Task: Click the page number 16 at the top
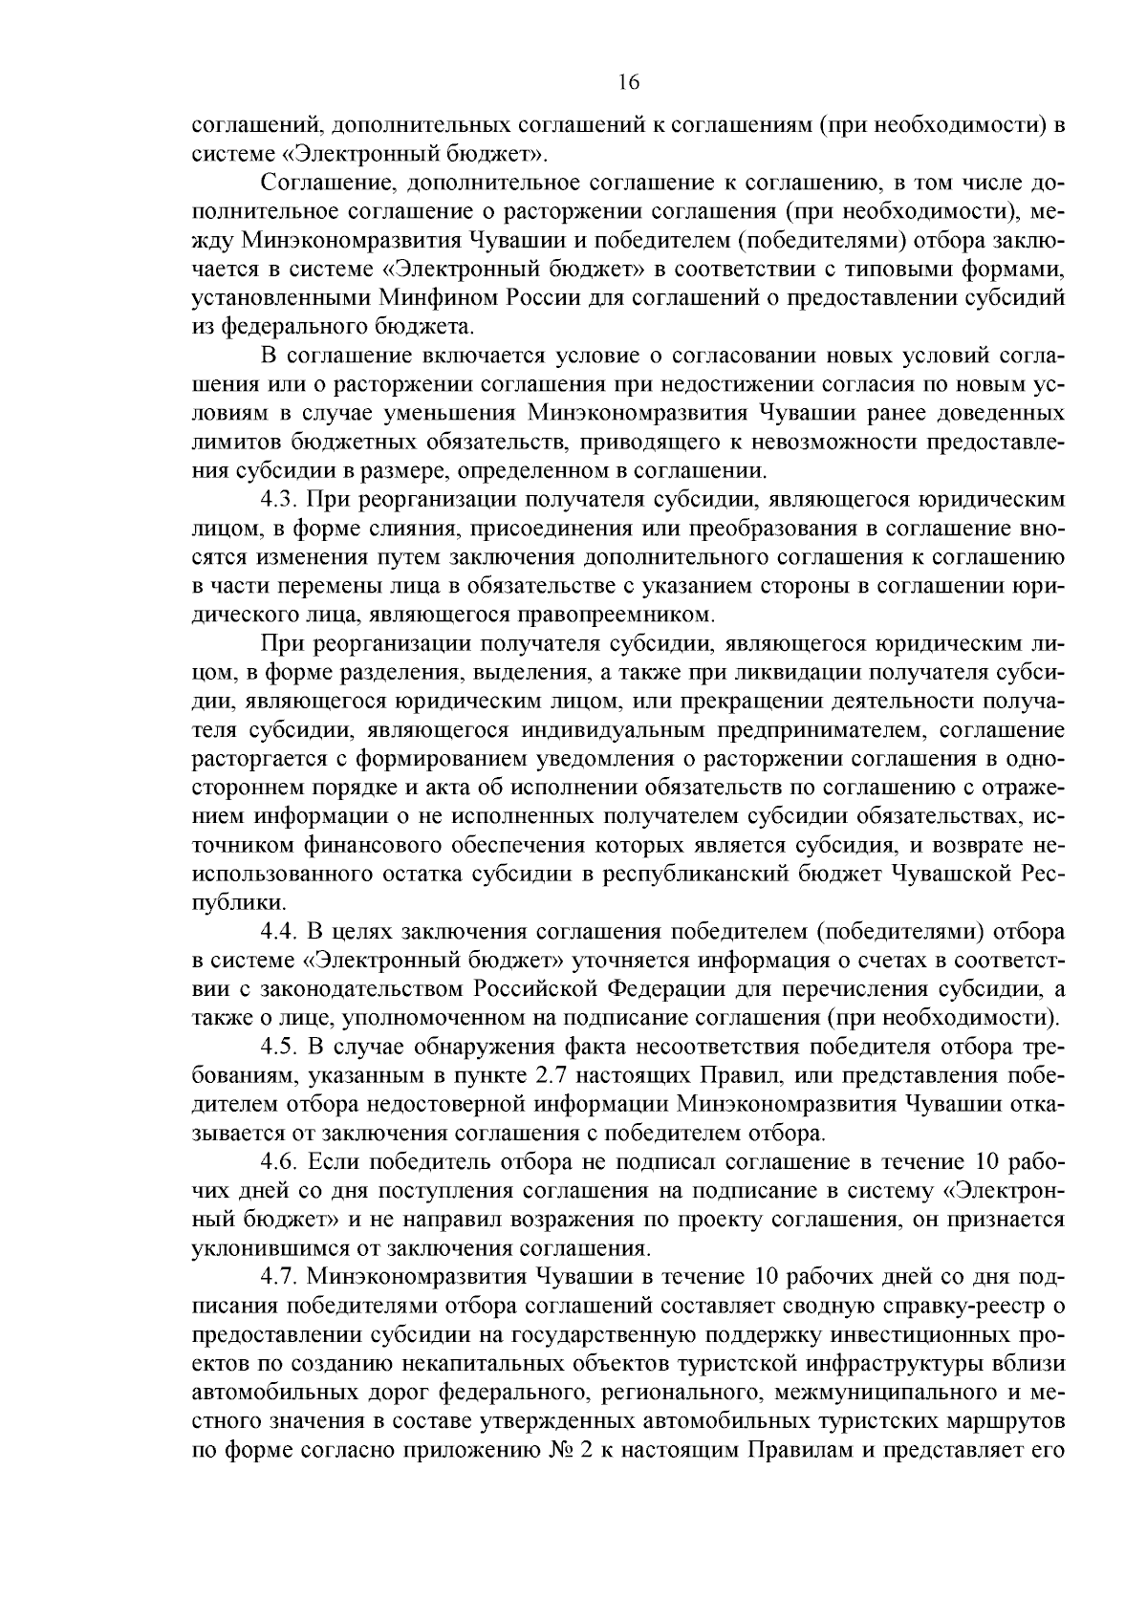tap(628, 82)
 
